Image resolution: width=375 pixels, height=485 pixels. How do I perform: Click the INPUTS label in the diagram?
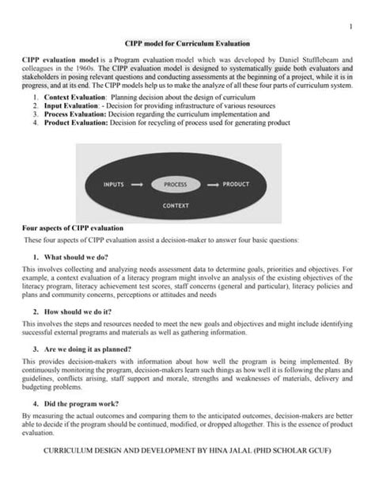(x=114, y=184)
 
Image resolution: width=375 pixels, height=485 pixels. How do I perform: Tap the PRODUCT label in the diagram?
(x=236, y=184)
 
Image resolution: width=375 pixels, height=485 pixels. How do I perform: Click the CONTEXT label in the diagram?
(x=175, y=204)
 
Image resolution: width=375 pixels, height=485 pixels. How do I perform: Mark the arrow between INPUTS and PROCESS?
(x=137, y=184)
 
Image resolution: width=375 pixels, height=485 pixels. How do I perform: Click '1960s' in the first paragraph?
(x=86, y=69)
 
